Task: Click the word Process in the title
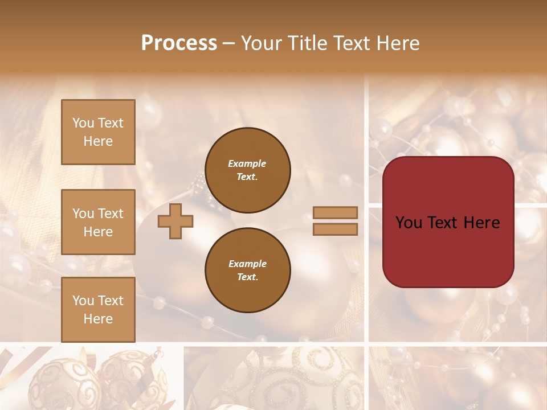tap(179, 43)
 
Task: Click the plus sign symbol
tap(175, 221)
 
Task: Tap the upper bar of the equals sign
tap(335, 212)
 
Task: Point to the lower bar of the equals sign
tap(335, 229)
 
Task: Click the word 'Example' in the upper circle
tap(247, 163)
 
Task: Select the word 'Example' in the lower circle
tap(247, 264)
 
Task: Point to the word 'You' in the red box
tap(410, 223)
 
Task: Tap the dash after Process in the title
tap(229, 43)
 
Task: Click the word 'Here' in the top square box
tap(98, 141)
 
